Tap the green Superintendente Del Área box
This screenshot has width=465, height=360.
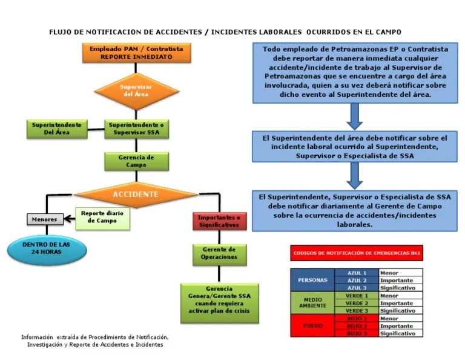(58, 128)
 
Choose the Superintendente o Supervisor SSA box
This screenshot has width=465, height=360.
(136, 128)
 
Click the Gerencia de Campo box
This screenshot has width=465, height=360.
(136, 161)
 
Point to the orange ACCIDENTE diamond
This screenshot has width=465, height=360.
(136, 195)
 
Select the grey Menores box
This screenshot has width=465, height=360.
(45, 219)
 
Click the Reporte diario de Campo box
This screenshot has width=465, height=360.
(102, 218)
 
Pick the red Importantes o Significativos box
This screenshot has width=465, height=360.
(219, 221)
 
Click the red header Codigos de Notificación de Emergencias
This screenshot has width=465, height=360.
(356, 253)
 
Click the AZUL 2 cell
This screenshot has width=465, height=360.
(357, 281)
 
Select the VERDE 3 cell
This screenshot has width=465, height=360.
(357, 310)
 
